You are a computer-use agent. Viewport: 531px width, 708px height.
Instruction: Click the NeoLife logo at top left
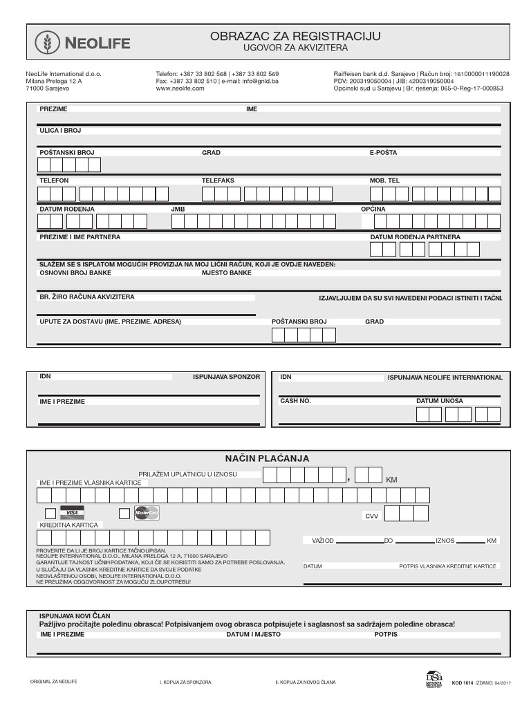[x=82, y=43]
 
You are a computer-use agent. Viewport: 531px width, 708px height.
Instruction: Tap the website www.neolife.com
[x=180, y=88]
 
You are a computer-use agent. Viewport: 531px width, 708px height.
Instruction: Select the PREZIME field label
[x=53, y=109]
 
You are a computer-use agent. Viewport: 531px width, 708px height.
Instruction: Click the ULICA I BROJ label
[x=60, y=130]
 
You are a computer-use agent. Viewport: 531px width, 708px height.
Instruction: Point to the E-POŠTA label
[x=383, y=152]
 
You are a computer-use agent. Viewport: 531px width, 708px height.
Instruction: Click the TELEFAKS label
[x=218, y=180]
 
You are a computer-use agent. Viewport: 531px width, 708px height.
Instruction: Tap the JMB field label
[x=178, y=209]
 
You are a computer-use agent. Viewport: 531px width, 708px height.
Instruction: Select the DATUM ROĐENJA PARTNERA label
[x=415, y=237]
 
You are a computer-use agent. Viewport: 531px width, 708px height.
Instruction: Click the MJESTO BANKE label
[x=226, y=273]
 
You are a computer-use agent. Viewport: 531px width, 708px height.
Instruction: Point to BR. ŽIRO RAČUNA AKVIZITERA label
[x=87, y=297]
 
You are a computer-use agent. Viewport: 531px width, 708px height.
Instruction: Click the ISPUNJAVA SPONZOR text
[x=226, y=377]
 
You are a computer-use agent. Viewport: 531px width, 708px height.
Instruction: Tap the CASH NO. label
[x=295, y=401]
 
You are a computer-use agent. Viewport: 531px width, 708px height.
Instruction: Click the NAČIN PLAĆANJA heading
[x=267, y=458]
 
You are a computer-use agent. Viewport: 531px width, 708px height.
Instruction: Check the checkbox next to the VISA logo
[x=50, y=514]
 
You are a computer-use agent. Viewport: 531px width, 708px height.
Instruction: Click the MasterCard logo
[x=147, y=513]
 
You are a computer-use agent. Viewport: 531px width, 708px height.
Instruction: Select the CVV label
[x=372, y=516]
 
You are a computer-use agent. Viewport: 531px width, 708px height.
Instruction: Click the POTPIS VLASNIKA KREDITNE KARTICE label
[x=447, y=566]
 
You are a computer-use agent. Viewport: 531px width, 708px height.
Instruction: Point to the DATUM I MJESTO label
[x=253, y=634]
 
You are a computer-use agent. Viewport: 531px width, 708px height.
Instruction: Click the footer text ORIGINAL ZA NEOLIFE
[x=53, y=682]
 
